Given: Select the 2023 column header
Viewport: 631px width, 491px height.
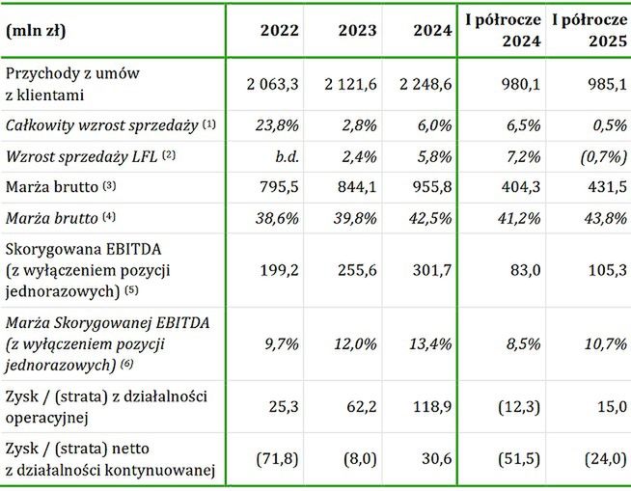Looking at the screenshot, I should (x=357, y=31).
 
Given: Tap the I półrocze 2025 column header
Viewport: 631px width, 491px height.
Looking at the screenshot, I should (x=589, y=31).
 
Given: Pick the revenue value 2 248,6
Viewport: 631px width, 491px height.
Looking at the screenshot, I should (x=421, y=84).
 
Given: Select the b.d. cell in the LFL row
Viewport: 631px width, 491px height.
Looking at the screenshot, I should (x=287, y=155).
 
